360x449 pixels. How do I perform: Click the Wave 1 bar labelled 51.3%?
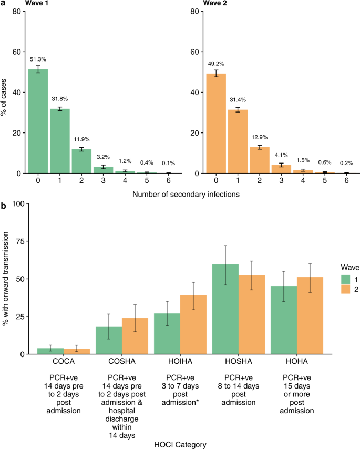click(38, 121)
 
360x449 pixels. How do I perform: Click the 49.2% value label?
click(216, 64)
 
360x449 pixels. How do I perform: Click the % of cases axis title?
click(5, 92)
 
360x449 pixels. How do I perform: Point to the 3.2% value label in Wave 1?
click(103, 157)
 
